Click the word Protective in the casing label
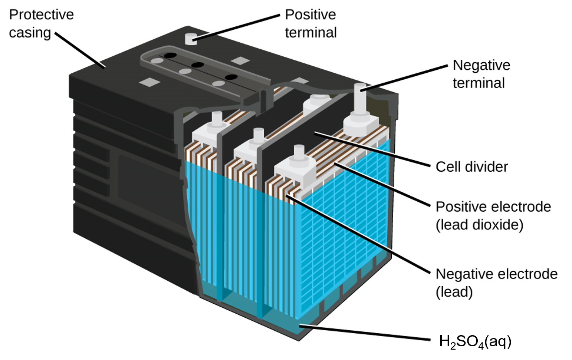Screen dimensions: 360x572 pyautogui.click(x=41, y=15)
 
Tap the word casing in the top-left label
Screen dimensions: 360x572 pyautogui.click(x=30, y=33)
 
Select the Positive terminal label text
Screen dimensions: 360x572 pyautogui.click(x=310, y=23)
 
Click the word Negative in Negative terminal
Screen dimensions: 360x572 pyautogui.click(x=481, y=65)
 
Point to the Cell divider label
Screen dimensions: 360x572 pyautogui.click(x=471, y=167)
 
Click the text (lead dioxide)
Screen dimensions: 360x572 pyautogui.click(x=479, y=225)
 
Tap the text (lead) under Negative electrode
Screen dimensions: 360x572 pyautogui.click(x=454, y=292)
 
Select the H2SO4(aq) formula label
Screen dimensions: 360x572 pyautogui.click(x=475, y=341)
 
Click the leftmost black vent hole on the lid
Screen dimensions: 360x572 pyautogui.click(x=170, y=56)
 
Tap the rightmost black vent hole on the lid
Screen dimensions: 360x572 pyautogui.click(x=231, y=77)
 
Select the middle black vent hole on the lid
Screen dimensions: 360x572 pyautogui.click(x=198, y=65)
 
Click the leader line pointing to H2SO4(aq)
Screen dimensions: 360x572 pyautogui.click(x=364, y=332)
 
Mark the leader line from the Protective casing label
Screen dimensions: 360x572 pyautogui.click(x=80, y=50)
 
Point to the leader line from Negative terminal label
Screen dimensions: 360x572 pyautogui.click(x=404, y=78)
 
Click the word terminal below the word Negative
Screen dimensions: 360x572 pyautogui.click(x=479, y=83)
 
